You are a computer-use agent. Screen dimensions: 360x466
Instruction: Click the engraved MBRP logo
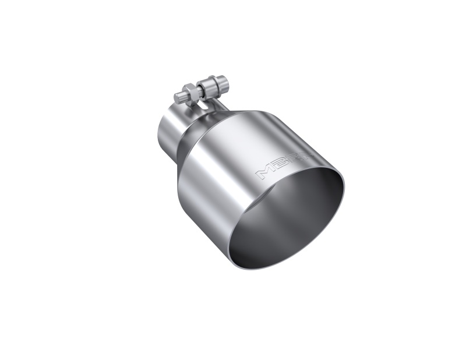click(x=273, y=165)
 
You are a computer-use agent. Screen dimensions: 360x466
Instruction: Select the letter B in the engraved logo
click(x=270, y=167)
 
